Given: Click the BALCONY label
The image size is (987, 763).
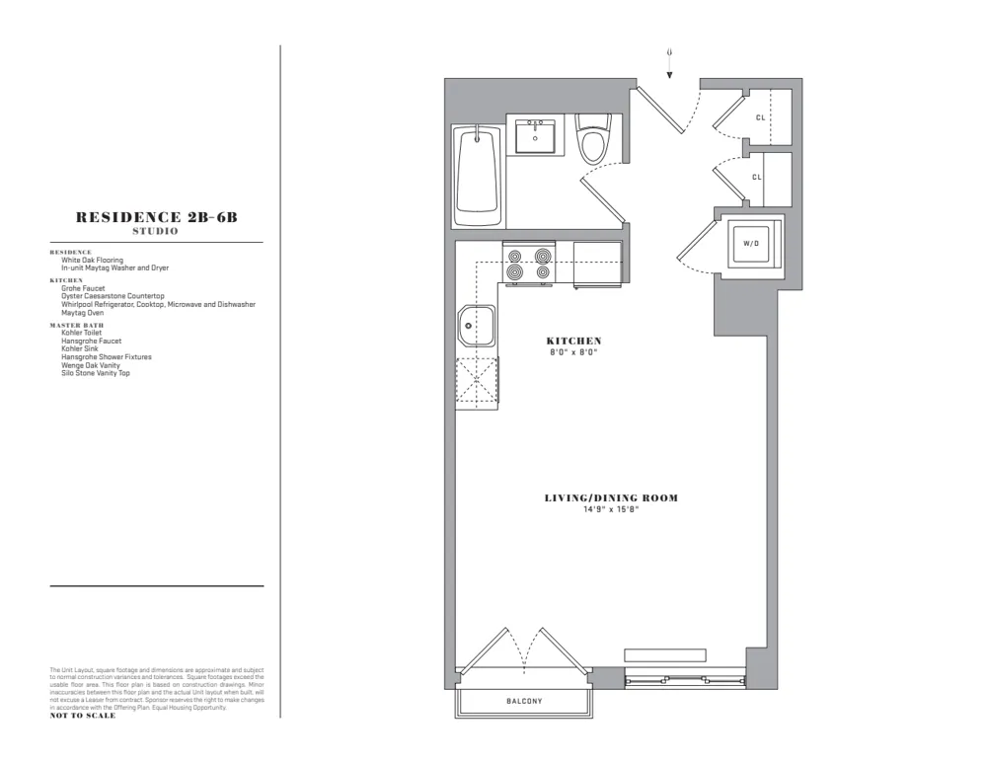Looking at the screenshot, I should [524, 702].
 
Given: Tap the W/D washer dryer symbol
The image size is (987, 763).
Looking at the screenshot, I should [751, 242].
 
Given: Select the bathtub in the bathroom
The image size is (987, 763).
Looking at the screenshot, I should [479, 178].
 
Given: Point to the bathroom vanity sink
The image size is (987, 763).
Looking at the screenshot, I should [536, 134].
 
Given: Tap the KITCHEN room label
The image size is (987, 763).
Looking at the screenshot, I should [574, 341].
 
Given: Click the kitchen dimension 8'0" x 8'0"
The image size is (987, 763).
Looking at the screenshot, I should [574, 351].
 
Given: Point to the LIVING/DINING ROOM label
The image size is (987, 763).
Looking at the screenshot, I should [611, 498].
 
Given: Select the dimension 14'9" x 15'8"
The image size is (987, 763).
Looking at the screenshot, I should [611, 509].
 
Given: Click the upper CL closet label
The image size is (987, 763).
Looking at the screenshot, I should [760, 116].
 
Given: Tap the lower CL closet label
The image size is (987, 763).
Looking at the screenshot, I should [757, 178].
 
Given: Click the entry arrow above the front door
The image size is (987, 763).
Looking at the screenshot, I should [670, 64].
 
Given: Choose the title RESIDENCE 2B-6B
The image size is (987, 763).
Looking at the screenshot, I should [156, 218].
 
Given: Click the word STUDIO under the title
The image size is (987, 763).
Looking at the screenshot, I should [156, 232].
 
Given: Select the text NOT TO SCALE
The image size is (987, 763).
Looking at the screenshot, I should [82, 716].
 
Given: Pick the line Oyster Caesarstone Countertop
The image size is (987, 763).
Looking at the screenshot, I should [113, 296].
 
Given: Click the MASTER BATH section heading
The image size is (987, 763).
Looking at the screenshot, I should [76, 325].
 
